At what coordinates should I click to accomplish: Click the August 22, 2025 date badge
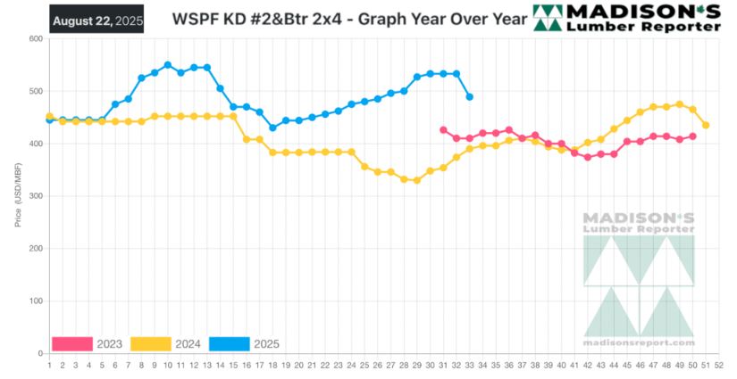point(96,19)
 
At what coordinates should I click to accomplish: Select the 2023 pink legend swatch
point(72,343)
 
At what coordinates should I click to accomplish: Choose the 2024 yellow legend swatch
point(151,343)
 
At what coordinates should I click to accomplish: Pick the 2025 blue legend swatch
point(230,343)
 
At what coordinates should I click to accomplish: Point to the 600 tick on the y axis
point(36,39)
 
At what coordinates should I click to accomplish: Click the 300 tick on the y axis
point(36,196)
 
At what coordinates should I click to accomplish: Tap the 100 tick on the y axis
point(36,301)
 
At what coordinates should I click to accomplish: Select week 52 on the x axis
point(719,364)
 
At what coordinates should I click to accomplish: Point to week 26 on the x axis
point(377,364)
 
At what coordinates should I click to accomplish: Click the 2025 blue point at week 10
point(167,65)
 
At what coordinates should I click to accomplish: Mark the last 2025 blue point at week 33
point(470,96)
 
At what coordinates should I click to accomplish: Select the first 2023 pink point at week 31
point(443,130)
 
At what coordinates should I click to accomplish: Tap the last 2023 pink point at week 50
point(693,136)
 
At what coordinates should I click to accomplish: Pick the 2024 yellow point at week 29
point(417,180)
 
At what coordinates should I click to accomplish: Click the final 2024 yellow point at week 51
point(706,125)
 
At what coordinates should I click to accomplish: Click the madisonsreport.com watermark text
point(638,342)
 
